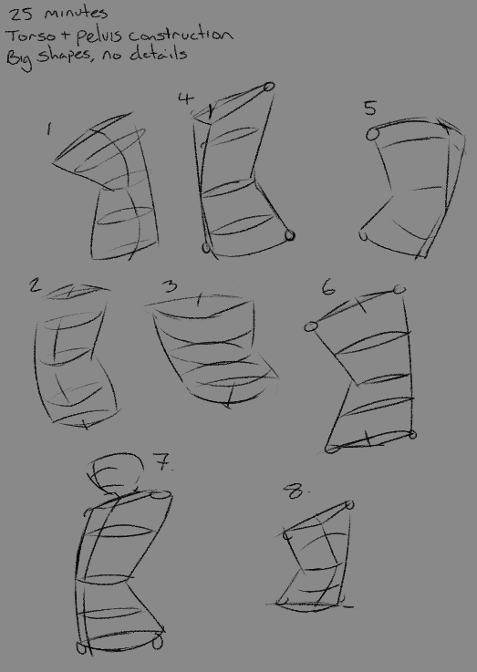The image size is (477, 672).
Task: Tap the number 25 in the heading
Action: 21,15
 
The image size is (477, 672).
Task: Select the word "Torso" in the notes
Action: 31,36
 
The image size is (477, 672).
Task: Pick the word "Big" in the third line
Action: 19,59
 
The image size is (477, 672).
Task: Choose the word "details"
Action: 159,54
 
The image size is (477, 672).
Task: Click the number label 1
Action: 49,129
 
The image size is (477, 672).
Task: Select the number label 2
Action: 36,285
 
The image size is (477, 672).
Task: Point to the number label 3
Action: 171,286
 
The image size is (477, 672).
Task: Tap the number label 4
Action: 186,98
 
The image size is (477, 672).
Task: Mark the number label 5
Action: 370,108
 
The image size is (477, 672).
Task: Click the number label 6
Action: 328,287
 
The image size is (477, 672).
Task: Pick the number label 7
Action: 163,462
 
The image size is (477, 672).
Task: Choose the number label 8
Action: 296,491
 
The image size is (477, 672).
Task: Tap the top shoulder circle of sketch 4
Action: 269,87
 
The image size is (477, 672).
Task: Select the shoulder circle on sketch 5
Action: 373,135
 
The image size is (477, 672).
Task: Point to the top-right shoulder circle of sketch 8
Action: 349,505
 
